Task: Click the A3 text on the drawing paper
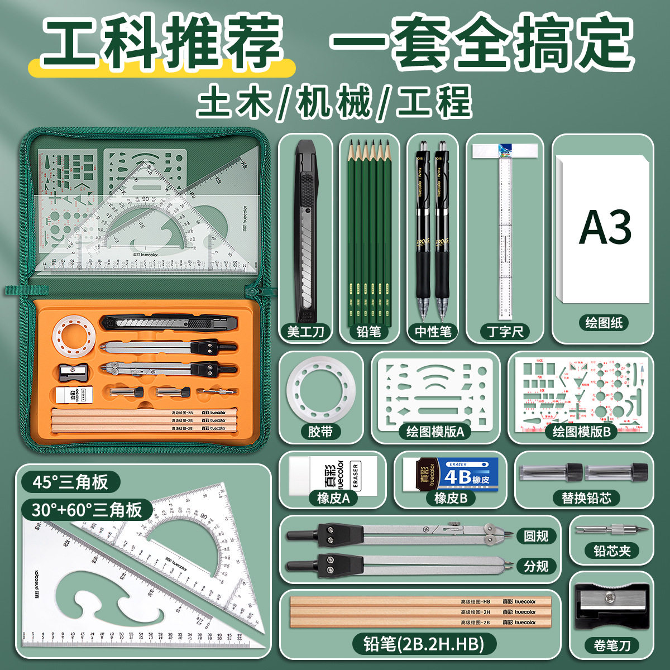605,227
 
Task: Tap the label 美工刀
305,331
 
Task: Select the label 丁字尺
505,331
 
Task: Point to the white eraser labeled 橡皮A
333,475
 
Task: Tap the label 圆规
536,536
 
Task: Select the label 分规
536,566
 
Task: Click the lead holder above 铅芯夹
612,528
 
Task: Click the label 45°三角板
70,482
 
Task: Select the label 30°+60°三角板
87,510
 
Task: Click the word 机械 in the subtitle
334,102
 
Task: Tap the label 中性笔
433,331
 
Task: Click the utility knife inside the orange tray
167,323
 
